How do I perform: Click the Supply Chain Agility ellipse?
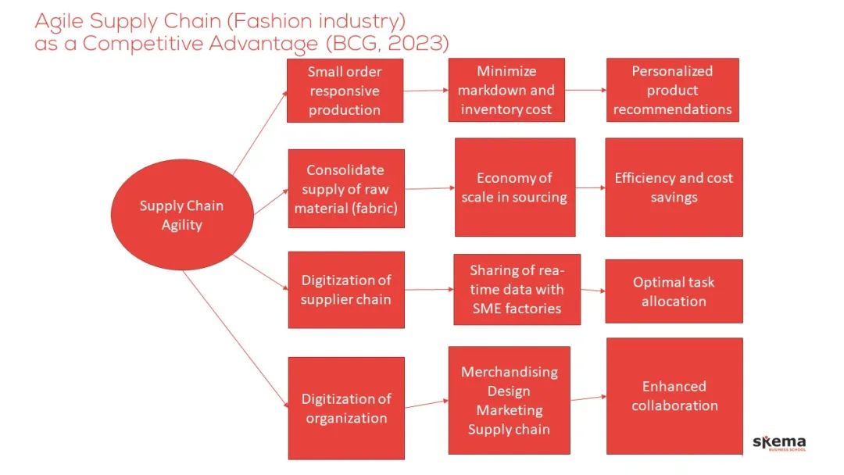tap(181, 216)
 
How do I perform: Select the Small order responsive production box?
tap(345, 91)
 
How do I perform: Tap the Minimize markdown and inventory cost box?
tap(506, 90)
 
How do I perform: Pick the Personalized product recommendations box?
tap(672, 90)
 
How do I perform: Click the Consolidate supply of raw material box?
tap(346, 188)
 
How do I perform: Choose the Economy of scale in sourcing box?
tap(514, 187)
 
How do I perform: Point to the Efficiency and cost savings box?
tap(674, 187)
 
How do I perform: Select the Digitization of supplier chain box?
tap(346, 289)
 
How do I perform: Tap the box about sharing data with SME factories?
tap(517, 289)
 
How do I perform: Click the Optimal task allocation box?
tap(674, 291)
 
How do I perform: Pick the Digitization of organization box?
tap(346, 408)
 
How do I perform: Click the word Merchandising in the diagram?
tap(510, 372)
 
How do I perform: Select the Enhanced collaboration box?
tap(674, 395)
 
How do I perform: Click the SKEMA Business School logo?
tap(778, 443)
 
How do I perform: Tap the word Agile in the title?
tap(61, 21)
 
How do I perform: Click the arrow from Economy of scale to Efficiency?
tap(590, 187)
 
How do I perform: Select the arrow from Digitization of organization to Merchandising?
tap(427, 404)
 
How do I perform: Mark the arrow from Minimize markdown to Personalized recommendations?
tap(585, 90)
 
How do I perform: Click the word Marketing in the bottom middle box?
tap(510, 410)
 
